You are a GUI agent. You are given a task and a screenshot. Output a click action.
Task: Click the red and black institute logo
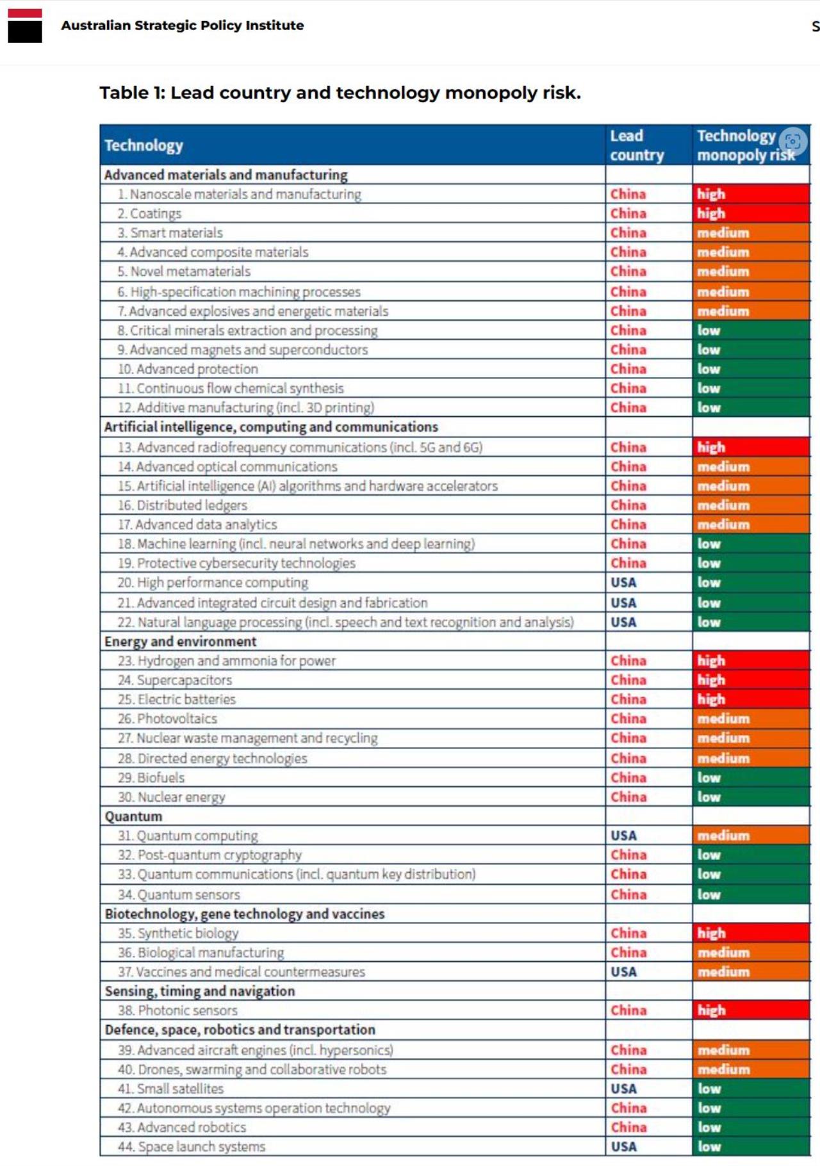coord(25,26)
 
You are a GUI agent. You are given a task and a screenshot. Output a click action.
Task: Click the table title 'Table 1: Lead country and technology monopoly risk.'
coord(340,93)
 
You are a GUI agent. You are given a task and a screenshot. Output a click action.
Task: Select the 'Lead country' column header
coord(637,145)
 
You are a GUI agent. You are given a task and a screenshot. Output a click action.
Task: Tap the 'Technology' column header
coord(144,146)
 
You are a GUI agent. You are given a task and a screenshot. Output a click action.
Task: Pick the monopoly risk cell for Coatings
coord(750,213)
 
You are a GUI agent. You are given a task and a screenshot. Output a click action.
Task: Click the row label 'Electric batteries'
coord(186,699)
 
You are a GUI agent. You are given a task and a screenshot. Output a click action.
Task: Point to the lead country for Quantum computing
coord(623,836)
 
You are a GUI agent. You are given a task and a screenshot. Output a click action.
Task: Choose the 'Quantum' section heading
coord(133,816)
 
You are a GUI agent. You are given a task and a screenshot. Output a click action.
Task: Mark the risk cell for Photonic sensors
coord(750,1010)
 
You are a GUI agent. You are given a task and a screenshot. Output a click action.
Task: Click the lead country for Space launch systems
coord(623,1147)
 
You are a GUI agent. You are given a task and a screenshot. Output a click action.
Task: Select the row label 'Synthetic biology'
coord(187,933)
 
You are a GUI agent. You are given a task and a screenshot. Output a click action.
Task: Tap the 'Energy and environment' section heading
coord(180,642)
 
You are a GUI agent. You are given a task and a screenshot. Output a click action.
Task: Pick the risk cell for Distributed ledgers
coord(750,505)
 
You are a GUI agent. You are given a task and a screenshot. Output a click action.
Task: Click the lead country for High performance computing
coord(623,583)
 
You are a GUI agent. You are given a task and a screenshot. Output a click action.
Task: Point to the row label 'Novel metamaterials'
coord(190,271)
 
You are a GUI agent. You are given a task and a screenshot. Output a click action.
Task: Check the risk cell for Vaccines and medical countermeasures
coord(750,972)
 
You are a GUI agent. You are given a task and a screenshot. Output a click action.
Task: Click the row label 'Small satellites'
coord(180,1089)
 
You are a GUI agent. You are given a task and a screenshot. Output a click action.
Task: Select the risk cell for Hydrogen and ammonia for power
coord(750,661)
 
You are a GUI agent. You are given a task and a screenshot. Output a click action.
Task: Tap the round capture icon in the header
coord(792,141)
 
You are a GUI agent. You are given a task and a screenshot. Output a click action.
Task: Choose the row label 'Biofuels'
coord(160,778)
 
